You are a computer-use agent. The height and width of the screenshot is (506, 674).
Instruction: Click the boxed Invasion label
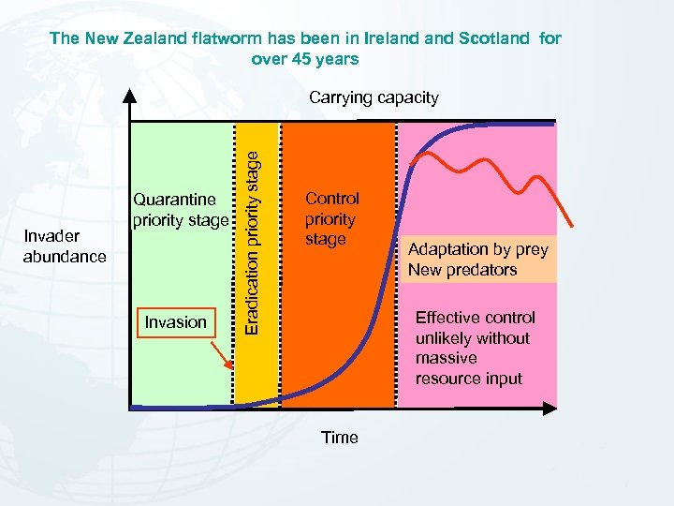(175, 322)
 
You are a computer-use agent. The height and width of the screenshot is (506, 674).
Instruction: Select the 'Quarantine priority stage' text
(180, 210)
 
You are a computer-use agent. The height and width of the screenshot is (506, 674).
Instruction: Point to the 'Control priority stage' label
(331, 218)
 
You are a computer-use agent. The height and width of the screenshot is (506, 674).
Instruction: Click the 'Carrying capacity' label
(374, 97)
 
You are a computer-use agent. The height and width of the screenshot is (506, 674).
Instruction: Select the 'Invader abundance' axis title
(65, 246)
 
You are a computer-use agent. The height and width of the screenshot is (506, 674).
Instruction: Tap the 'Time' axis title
(339, 438)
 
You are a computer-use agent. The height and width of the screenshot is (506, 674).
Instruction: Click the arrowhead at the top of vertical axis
(130, 95)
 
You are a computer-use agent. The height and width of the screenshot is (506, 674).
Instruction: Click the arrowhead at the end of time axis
(550, 409)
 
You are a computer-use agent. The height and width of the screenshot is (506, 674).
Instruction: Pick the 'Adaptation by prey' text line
(477, 249)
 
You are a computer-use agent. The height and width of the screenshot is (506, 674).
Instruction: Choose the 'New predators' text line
(462, 270)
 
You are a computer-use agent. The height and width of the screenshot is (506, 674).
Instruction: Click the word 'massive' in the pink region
(446, 358)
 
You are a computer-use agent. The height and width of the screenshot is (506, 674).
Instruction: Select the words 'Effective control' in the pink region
(475, 318)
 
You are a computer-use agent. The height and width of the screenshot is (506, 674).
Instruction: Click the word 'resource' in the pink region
(447, 379)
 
